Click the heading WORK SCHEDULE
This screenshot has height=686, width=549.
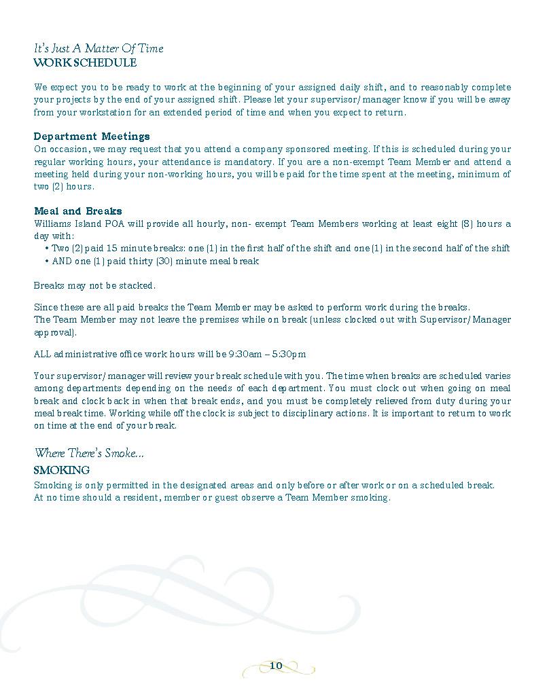pyautogui.click(x=85, y=63)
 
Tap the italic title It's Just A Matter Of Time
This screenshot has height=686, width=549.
pyautogui.click(x=99, y=49)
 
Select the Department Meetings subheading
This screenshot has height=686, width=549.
pyautogui.click(x=92, y=137)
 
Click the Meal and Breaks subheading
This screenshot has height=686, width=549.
pyautogui.click(x=78, y=211)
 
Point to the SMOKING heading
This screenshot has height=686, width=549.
pyautogui.click(x=61, y=470)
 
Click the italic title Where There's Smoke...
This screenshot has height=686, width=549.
pyautogui.click(x=89, y=454)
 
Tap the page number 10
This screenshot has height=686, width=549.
pyautogui.click(x=276, y=666)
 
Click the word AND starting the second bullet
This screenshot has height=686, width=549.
pyautogui.click(x=63, y=261)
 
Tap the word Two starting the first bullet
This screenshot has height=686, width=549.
pyautogui.click(x=60, y=249)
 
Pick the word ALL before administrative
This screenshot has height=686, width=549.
pyautogui.click(x=42, y=354)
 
